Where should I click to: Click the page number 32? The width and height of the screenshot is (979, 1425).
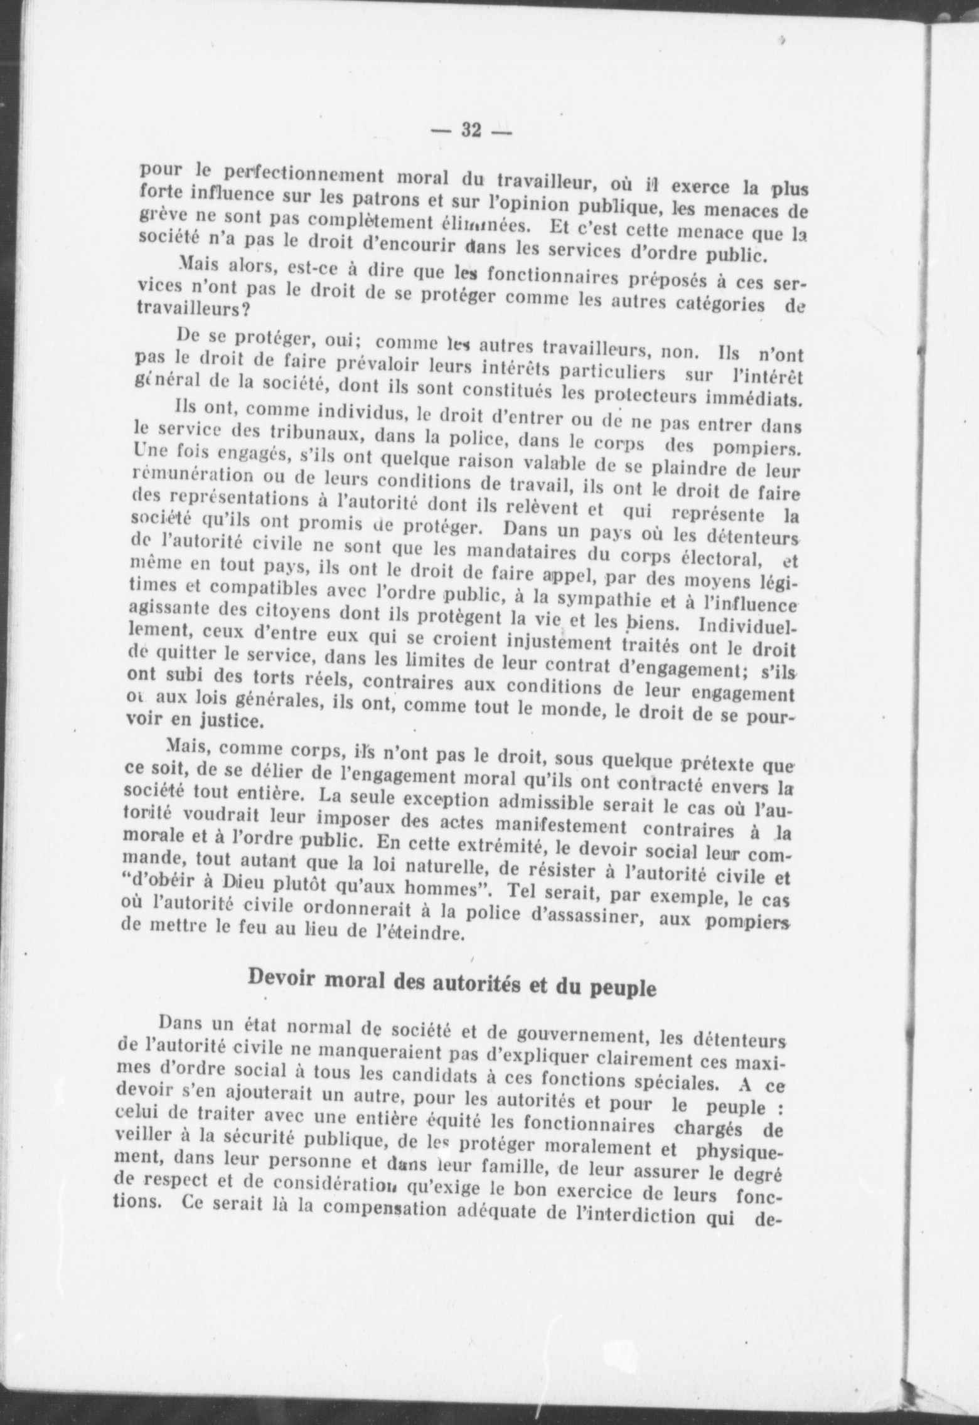[471, 130]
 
